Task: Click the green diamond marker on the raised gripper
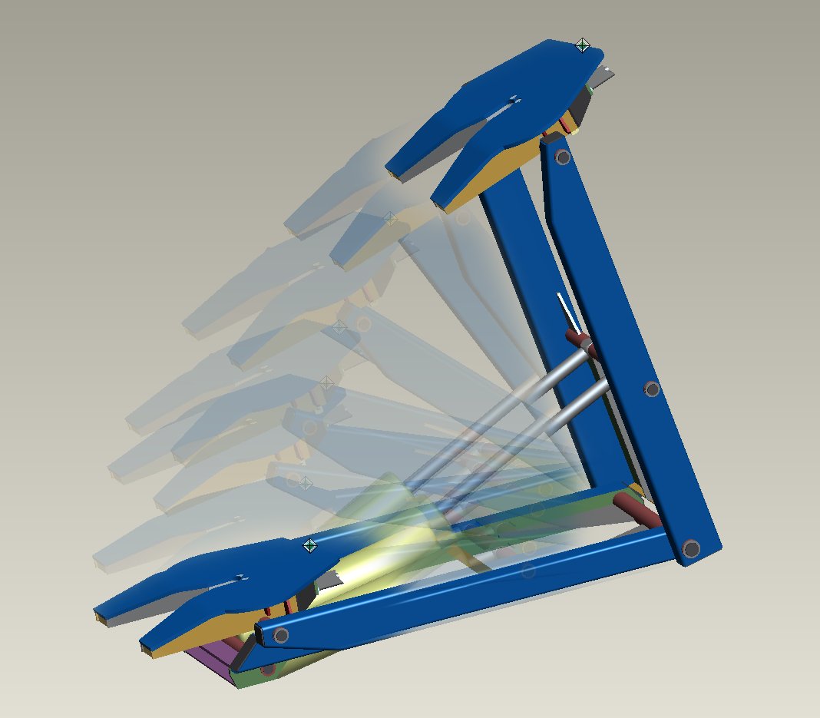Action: tap(583, 45)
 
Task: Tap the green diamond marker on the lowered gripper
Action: tap(310, 546)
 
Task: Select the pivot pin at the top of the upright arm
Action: tap(563, 157)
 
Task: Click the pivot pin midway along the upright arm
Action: tap(652, 389)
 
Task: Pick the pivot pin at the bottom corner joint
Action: tap(691, 548)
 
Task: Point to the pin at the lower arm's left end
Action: tap(281, 635)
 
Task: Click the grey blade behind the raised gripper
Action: tap(602, 75)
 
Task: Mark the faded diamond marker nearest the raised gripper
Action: tap(389, 219)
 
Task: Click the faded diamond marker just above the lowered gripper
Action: tap(305, 483)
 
